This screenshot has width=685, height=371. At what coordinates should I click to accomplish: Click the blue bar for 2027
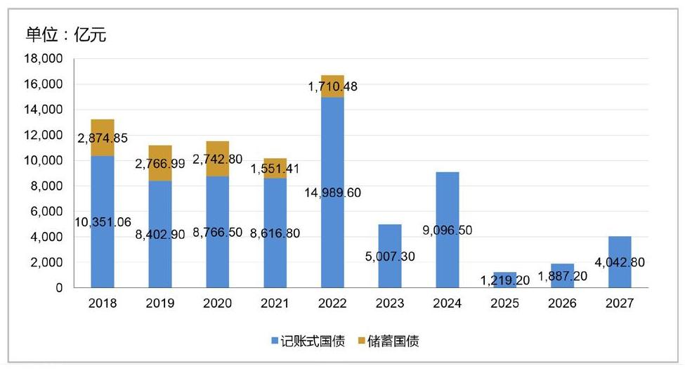620,278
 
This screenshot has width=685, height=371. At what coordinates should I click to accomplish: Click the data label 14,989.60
334,193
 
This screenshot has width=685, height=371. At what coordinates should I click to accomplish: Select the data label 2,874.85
103,138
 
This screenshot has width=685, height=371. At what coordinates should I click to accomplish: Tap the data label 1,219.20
506,280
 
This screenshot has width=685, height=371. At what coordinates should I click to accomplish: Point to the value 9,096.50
448,227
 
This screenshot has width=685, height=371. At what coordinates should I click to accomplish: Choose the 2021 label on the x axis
275,304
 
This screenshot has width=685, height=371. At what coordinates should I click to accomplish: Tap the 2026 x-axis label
562,304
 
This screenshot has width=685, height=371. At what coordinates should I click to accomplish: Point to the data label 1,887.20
563,275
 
